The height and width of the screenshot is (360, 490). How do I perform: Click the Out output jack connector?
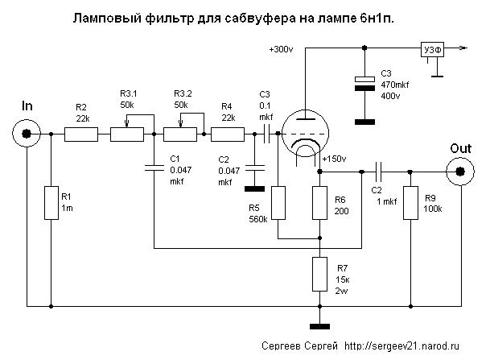(x=461, y=170)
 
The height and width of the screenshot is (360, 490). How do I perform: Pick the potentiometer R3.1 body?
(x=127, y=134)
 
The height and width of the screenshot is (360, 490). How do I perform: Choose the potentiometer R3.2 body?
(x=181, y=134)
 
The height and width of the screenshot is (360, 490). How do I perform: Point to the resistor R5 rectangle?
(x=278, y=203)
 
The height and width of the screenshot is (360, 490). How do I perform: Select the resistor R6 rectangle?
(x=319, y=203)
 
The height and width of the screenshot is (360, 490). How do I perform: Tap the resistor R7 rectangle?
(x=319, y=274)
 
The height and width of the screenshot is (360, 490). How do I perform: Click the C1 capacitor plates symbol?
(x=153, y=168)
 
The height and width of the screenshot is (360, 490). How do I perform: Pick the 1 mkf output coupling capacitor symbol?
(x=380, y=170)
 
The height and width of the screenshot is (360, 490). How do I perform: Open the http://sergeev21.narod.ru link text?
(x=396, y=345)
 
